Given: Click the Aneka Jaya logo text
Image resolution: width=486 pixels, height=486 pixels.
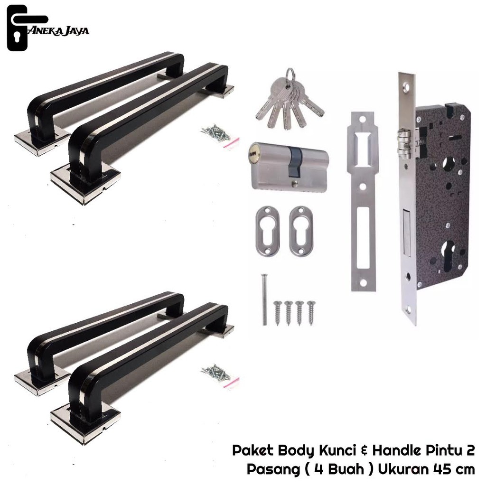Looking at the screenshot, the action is (58, 30).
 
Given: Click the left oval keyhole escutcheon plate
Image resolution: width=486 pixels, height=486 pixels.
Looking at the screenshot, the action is (268, 231).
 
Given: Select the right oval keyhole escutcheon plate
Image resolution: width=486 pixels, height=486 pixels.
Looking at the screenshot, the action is (301, 231).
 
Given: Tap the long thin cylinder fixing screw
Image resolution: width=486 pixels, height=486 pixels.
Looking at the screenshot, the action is (264, 300).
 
